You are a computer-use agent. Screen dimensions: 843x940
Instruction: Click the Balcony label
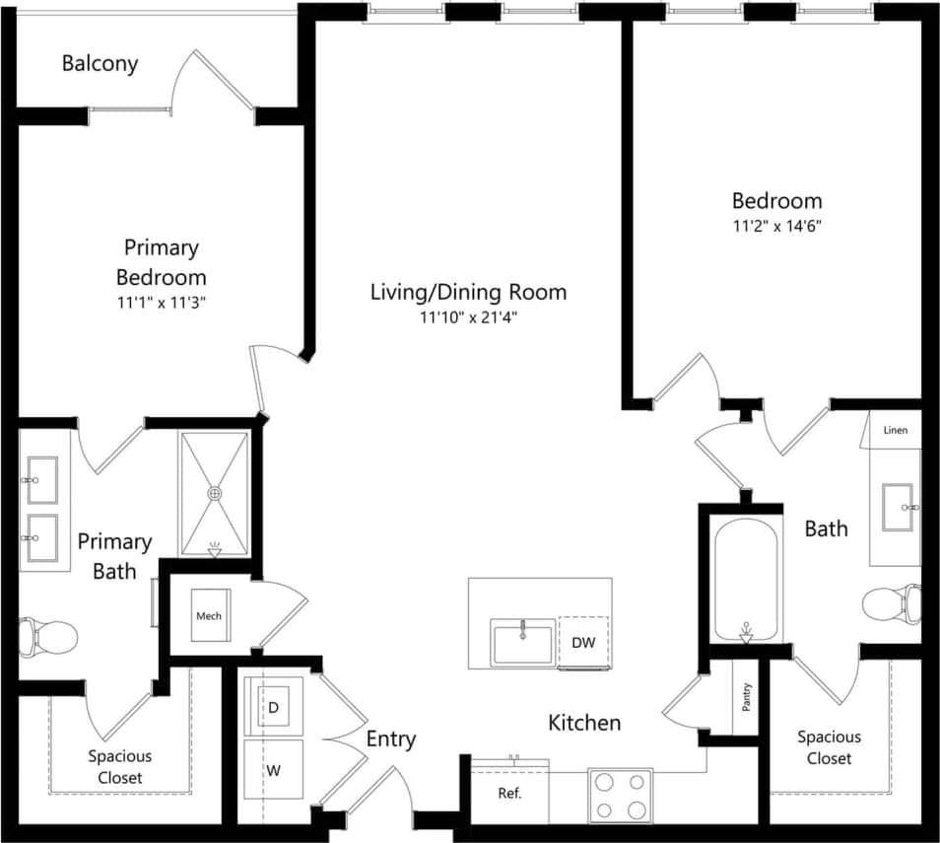[100, 64]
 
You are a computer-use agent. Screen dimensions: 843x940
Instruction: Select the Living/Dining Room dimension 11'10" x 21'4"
[468, 317]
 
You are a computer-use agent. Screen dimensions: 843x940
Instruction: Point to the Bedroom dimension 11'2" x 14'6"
[776, 226]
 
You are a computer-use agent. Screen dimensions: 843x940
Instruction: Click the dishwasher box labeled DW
[583, 643]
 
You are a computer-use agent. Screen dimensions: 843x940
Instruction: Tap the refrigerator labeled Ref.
[508, 793]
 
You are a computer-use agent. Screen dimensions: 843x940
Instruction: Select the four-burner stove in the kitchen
[621, 796]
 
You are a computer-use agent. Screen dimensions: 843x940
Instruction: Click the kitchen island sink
[522, 643]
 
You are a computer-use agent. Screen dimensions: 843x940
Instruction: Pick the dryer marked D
[274, 707]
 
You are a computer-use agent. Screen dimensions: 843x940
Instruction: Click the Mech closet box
[209, 616]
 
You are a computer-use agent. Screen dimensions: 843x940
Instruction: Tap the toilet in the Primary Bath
[49, 636]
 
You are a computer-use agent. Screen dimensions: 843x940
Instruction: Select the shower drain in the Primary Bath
[214, 493]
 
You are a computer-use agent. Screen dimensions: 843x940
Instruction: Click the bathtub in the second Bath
[746, 581]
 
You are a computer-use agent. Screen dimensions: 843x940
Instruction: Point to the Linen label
[895, 431]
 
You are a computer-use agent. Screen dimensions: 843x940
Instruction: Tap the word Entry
[391, 738]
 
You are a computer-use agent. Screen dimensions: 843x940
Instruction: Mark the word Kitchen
[584, 723]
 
